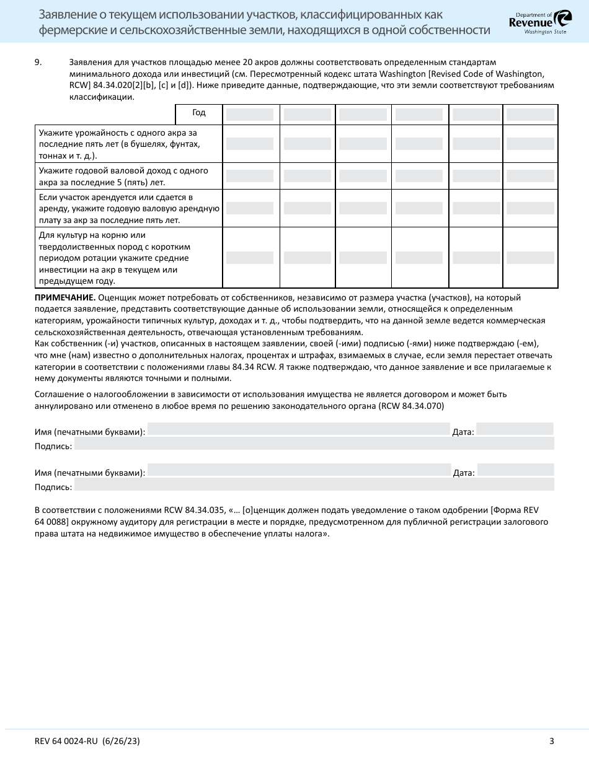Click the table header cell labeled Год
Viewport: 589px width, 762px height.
point(198,113)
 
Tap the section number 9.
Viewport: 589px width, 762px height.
point(38,63)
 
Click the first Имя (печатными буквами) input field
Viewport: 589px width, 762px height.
point(298,429)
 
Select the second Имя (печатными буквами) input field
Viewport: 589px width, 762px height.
point(299,470)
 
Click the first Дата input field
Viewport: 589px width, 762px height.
point(515,429)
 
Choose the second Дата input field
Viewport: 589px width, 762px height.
point(515,470)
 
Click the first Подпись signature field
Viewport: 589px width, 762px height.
point(314,444)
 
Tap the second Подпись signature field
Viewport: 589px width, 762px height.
point(314,484)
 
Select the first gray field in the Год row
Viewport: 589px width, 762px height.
point(249,115)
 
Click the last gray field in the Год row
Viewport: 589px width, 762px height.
point(530,115)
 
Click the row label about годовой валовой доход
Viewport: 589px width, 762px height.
point(123,176)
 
